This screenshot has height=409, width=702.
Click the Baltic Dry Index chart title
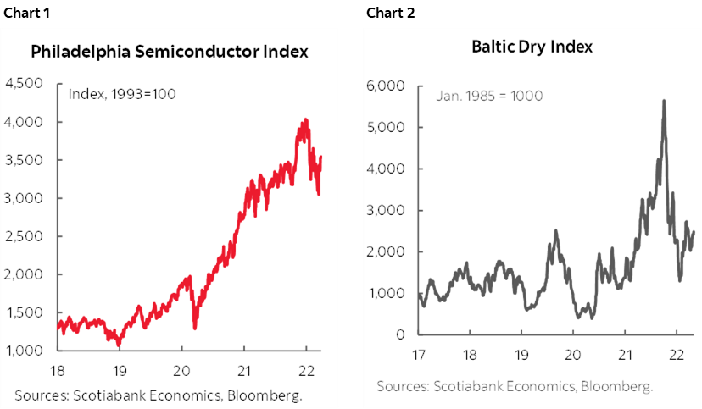pyautogui.click(x=532, y=47)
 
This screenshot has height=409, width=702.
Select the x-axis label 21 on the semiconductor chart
pyautogui.click(x=244, y=370)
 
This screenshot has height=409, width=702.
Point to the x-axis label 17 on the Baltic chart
pyautogui.click(x=420, y=352)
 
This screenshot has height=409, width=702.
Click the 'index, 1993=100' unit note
pyautogui.click(x=122, y=94)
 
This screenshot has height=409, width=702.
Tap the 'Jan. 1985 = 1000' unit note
pyautogui.click(x=490, y=96)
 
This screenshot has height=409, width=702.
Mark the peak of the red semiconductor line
pyautogui.click(x=305, y=119)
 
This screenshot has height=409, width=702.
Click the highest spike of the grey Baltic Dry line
pyautogui.click(x=663, y=101)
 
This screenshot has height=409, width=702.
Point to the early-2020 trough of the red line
pyautogui.click(x=195, y=329)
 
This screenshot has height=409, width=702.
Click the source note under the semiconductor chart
pyautogui.click(x=159, y=395)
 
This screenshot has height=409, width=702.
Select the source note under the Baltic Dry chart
pyautogui.click(x=515, y=386)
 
